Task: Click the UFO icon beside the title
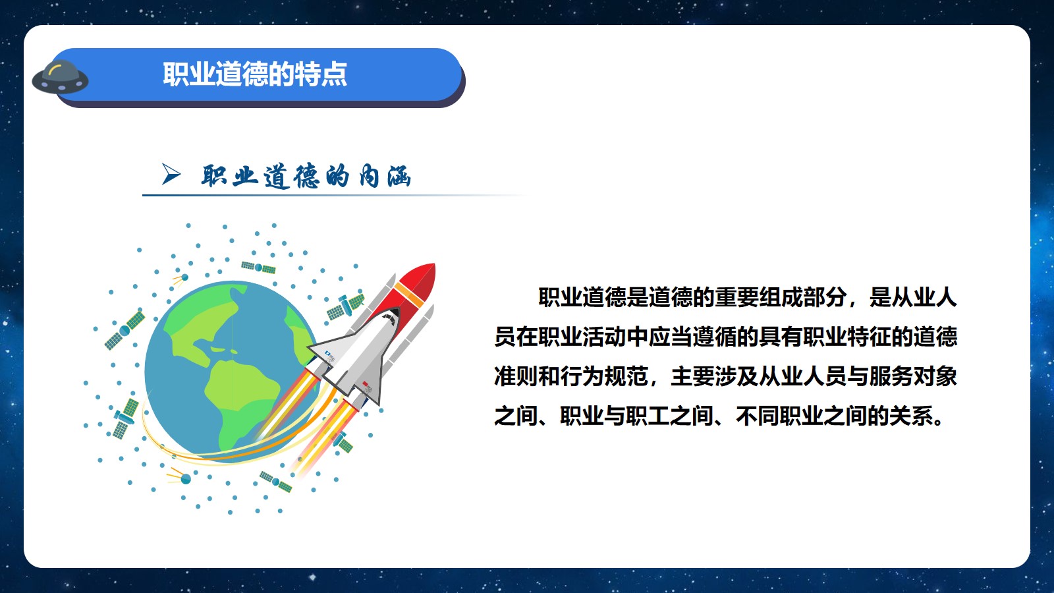tap(60, 76)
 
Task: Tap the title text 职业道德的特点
tap(255, 74)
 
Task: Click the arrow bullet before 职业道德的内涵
tap(171, 174)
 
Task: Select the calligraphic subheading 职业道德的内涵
tap(306, 176)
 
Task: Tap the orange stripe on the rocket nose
tap(409, 295)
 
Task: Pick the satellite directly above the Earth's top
tap(258, 268)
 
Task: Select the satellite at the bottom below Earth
tap(276, 482)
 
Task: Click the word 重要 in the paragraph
tap(736, 297)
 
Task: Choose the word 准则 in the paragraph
tap(516, 376)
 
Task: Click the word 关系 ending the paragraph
tap(913, 416)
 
